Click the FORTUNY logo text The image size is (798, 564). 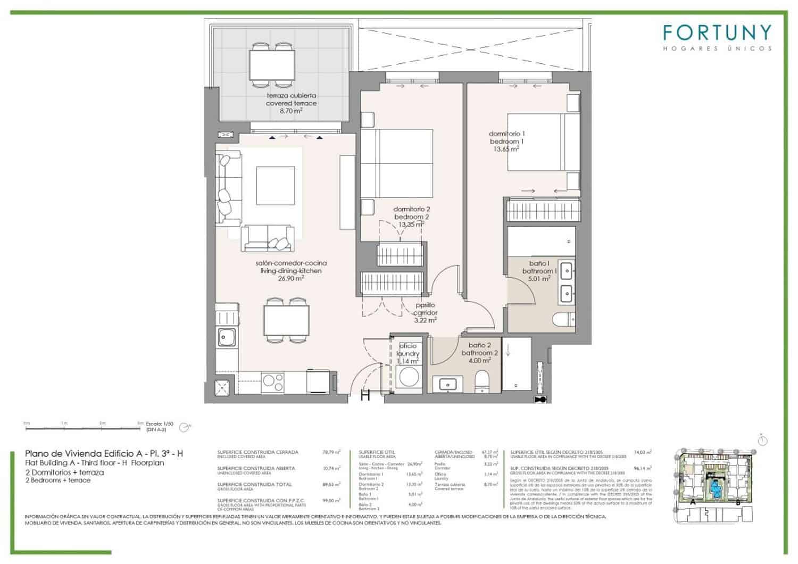click(717, 34)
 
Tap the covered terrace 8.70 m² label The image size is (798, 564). click(291, 103)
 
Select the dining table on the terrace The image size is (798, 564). click(272, 65)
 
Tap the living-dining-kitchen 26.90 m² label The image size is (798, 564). click(291, 270)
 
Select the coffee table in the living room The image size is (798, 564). click(276, 185)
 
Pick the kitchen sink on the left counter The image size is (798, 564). click(227, 337)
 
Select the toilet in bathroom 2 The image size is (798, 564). click(482, 381)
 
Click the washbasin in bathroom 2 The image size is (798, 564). click(446, 384)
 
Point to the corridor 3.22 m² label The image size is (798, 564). click(426, 313)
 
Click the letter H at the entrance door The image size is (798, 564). click(365, 395)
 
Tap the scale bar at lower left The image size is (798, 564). click(82, 427)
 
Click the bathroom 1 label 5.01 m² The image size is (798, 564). click(539, 271)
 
